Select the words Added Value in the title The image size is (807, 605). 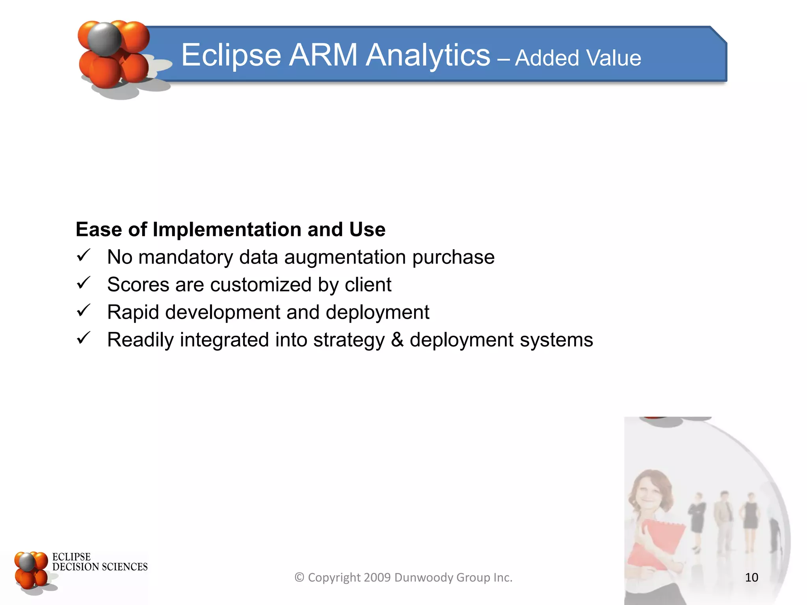(x=578, y=58)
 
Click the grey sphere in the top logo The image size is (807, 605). (x=104, y=39)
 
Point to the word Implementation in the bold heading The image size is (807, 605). (x=227, y=229)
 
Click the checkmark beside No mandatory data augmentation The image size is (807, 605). (x=84, y=256)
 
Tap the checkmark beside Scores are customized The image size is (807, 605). (x=84, y=284)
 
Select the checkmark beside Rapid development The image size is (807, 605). (x=84, y=311)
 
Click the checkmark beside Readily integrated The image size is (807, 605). (x=84, y=339)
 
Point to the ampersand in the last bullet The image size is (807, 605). (x=397, y=340)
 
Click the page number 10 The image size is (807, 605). (x=751, y=577)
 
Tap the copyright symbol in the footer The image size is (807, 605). (x=299, y=577)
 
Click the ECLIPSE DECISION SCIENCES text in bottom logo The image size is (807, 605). (x=99, y=562)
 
